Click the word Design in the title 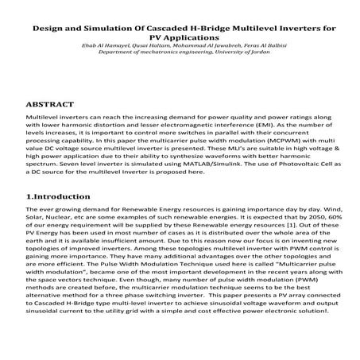click(50, 29)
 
